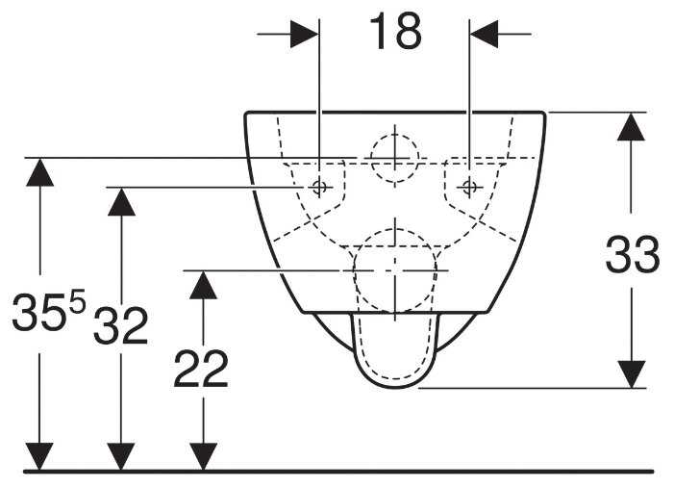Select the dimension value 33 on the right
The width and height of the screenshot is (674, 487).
pos(632,256)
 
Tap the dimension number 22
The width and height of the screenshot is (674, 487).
pos(201,369)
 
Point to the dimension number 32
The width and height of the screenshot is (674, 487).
pos(120,327)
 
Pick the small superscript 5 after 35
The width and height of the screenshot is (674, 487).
pos(77,301)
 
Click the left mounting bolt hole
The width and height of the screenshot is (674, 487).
pos(321,186)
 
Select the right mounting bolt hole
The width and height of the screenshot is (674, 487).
pos(468,186)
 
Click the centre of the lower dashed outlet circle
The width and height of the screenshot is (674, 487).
pos(394,271)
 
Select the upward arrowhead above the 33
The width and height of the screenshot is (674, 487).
pos(631,126)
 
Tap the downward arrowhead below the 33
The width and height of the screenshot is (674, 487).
pos(631,374)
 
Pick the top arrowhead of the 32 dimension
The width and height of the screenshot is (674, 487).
pos(120,201)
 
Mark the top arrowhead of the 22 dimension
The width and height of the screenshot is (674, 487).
pos(202,285)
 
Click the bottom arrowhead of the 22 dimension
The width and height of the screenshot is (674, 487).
pos(202,456)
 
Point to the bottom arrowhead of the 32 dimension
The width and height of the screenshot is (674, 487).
pos(120,456)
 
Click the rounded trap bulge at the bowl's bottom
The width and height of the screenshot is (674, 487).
pos(394,356)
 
